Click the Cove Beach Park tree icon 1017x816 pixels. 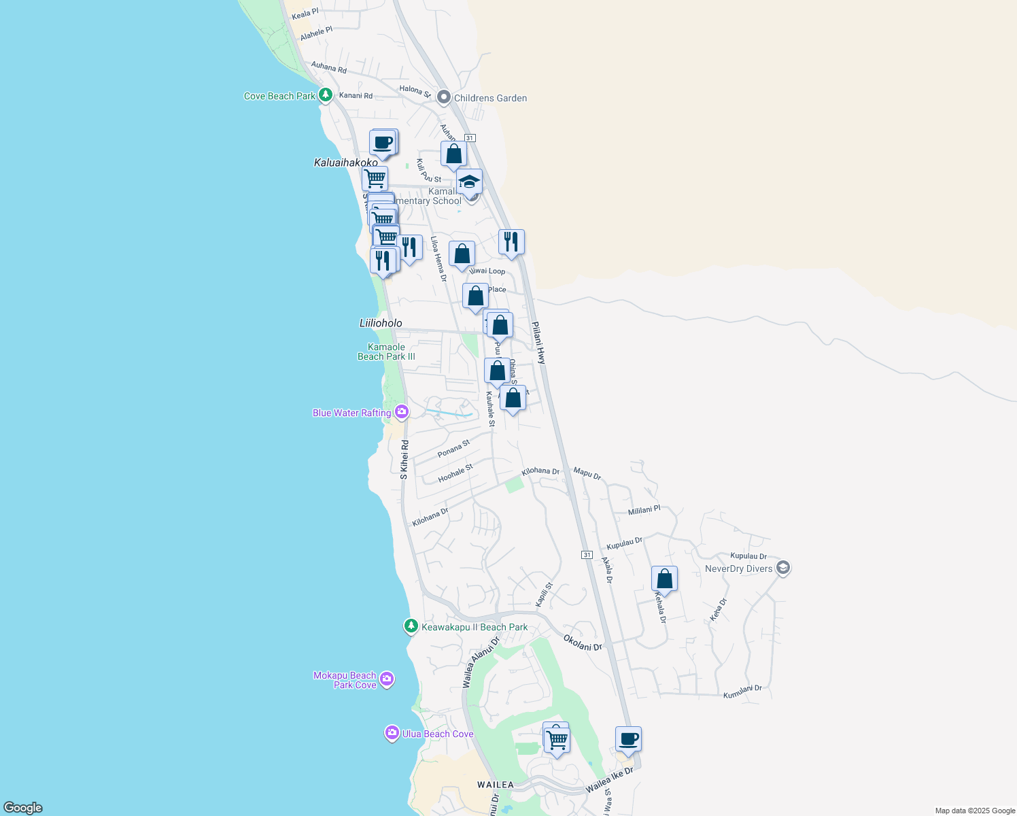click(326, 95)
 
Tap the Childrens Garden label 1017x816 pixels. click(490, 98)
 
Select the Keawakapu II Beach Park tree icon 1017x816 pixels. click(411, 626)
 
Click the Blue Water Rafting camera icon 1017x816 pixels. click(402, 412)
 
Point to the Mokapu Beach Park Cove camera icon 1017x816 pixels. click(387, 679)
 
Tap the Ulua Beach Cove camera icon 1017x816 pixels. click(392, 733)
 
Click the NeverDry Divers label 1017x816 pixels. click(738, 568)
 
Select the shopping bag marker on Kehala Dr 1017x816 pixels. click(664, 579)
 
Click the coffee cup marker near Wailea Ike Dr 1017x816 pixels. click(628, 739)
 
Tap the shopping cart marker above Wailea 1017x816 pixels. click(557, 740)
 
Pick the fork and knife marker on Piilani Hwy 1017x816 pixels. click(511, 242)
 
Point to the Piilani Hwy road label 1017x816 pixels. click(538, 343)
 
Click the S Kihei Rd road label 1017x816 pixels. click(404, 460)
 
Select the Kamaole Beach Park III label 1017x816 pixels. click(386, 352)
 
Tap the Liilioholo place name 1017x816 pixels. click(381, 323)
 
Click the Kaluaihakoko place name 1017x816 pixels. click(345, 163)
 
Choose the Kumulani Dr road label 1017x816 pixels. click(742, 692)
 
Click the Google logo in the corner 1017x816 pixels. click(22, 807)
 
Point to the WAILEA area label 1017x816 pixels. click(496, 785)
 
